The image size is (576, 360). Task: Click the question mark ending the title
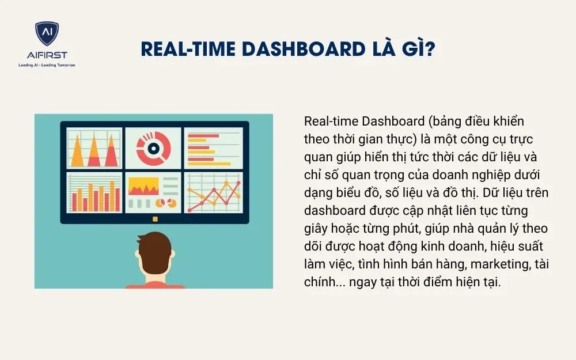pos(429,49)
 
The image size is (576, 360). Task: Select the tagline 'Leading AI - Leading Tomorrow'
pos(47,65)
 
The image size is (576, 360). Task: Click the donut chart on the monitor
pos(153,147)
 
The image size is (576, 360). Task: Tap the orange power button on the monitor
pos(154,219)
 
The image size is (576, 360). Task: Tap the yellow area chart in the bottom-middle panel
pos(144,186)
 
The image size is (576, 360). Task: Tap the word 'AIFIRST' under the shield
pos(47,56)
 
